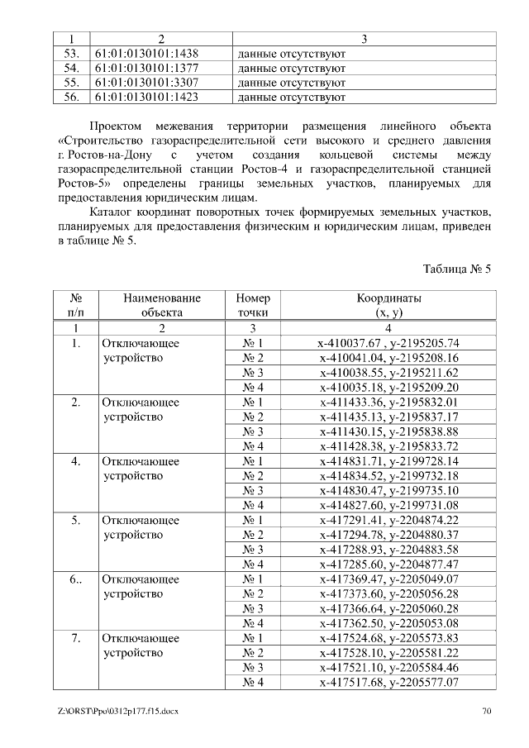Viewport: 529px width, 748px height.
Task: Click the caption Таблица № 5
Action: (457, 269)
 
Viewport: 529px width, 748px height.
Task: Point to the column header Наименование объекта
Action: (161, 305)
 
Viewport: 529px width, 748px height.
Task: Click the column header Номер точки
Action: (252, 305)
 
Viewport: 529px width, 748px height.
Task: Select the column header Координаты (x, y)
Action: (388, 305)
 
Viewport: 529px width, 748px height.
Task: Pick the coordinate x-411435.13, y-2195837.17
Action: (388, 417)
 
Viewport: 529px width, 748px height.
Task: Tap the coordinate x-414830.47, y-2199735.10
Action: (388, 490)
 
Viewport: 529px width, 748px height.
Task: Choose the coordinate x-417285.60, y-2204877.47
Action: (388, 565)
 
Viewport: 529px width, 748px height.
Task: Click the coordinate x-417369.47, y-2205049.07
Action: (388, 579)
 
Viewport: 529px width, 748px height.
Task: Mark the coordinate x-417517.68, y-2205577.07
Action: (388, 683)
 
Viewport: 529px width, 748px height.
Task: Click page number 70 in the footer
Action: (487, 711)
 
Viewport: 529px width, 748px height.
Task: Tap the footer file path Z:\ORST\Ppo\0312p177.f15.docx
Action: (119, 711)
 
